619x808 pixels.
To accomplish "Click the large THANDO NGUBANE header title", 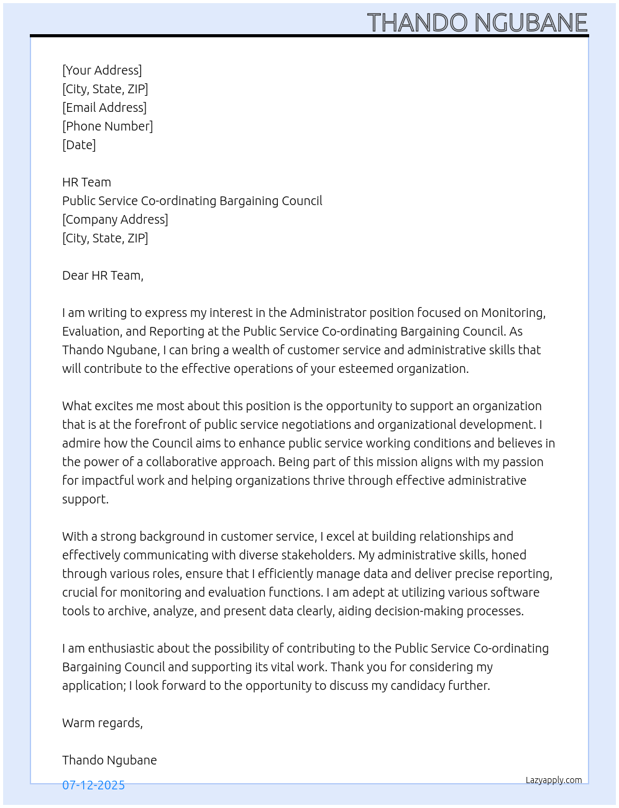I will [x=477, y=23].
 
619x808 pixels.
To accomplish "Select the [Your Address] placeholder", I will [x=102, y=70].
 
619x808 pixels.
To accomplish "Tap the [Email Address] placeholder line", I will [x=104, y=108].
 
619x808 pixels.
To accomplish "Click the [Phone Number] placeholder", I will [x=108, y=126].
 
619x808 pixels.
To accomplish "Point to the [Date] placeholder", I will [x=79, y=145].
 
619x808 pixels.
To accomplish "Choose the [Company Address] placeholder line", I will [x=115, y=219].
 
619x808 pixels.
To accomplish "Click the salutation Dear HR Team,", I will [x=103, y=275].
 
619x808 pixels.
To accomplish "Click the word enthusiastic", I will [x=121, y=648].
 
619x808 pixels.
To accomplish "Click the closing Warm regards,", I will [x=103, y=723].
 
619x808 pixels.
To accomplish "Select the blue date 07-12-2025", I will [x=93, y=785].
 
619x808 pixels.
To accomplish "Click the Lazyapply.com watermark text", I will [x=554, y=780].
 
